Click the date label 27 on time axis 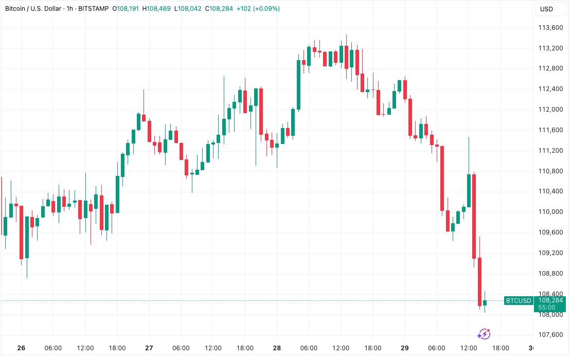[149, 348]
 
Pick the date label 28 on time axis [277, 348]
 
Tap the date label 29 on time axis [405, 348]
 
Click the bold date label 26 [21, 348]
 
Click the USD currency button [546, 9]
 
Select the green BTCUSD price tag [519, 300]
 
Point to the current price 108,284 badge [550, 300]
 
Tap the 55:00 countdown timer [546, 307]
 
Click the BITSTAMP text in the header [94, 9]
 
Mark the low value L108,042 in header [189, 9]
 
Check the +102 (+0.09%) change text [258, 9]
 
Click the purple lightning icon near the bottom [484, 334]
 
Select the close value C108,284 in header [221, 9]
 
